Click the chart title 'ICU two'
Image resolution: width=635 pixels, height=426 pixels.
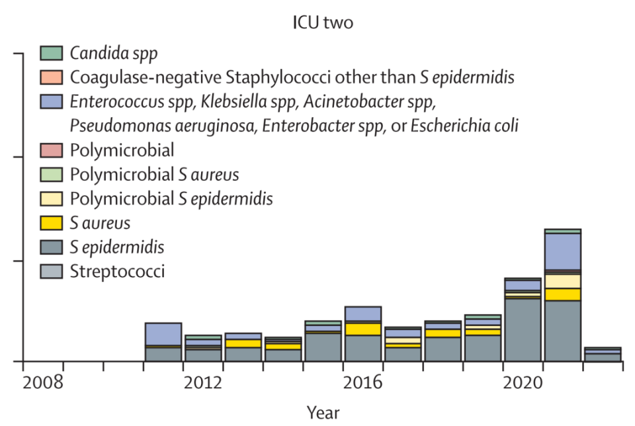pyautogui.click(x=323, y=22)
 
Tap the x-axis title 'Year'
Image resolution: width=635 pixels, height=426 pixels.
pyautogui.click(x=323, y=413)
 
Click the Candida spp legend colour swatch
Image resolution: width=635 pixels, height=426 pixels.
pyautogui.click(x=51, y=52)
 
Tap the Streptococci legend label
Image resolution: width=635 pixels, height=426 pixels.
pyautogui.click(x=117, y=271)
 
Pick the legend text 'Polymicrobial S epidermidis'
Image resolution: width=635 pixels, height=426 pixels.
pyautogui.click(x=171, y=198)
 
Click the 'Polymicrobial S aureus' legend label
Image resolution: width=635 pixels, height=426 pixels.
pyautogui.click(x=154, y=175)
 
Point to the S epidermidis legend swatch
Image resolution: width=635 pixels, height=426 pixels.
pyautogui.click(x=51, y=247)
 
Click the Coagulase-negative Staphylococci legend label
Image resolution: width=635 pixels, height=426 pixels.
pyautogui.click(x=292, y=77)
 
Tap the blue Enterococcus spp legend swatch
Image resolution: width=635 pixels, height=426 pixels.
pyautogui.click(x=51, y=101)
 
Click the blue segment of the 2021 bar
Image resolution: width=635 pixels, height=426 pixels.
pyautogui.click(x=562, y=251)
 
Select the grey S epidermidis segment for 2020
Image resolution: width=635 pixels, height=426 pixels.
pyautogui.click(x=523, y=330)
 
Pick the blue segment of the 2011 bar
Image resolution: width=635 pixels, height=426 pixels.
pyautogui.click(x=163, y=334)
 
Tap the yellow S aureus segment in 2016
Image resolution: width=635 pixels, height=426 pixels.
pyautogui.click(x=362, y=329)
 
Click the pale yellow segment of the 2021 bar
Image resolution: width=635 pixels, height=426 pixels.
pyautogui.click(x=562, y=281)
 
